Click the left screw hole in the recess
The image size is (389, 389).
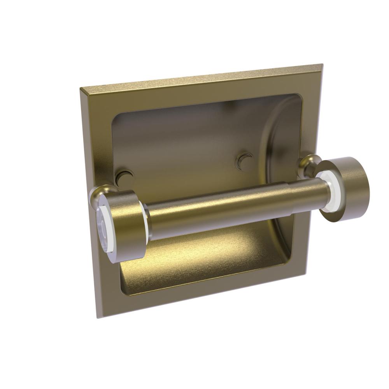(124, 176)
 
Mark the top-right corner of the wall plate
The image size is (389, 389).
(311, 65)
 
